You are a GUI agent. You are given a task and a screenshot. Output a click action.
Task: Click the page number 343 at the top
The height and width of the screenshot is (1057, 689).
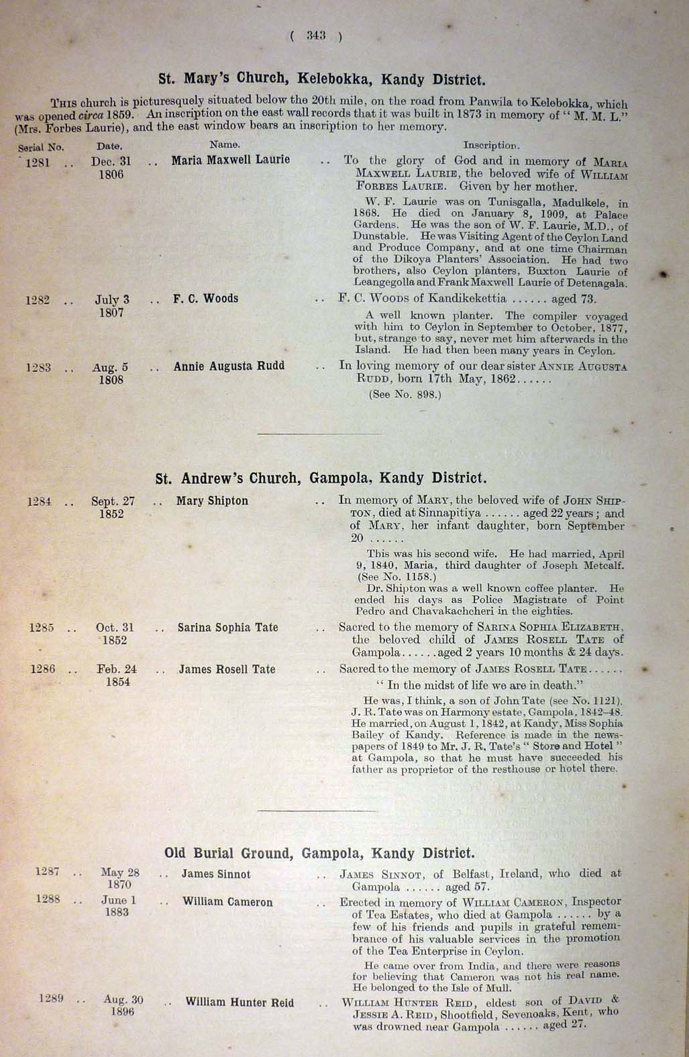[316, 36]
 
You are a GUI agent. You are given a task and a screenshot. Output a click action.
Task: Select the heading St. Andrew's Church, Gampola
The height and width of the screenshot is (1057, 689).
[320, 479]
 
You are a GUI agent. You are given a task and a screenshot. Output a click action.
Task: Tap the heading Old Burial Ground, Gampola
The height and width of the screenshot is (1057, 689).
[319, 853]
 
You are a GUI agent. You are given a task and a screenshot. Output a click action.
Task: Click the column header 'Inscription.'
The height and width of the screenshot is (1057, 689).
[491, 144]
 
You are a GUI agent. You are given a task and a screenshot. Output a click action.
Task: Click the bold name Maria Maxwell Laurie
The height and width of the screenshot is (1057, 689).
[231, 160]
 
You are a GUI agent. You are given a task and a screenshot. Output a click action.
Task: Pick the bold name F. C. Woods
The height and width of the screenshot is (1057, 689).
[205, 299]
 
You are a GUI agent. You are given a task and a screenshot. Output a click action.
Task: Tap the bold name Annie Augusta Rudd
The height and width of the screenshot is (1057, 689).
[229, 366]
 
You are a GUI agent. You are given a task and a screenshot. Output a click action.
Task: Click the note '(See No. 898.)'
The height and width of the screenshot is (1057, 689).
[405, 395]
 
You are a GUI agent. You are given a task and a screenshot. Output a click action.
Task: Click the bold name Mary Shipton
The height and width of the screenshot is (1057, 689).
[212, 501]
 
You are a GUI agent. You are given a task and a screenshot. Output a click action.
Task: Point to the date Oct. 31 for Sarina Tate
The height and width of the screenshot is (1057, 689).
[115, 628]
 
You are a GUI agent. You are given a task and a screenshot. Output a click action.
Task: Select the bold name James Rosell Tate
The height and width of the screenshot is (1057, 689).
[226, 669]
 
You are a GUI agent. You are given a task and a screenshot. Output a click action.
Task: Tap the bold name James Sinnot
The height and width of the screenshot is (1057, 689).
[216, 874]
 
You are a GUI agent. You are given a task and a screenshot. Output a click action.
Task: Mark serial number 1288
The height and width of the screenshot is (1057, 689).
[48, 899]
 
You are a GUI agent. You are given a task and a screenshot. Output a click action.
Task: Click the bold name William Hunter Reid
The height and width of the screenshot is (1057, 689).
[240, 1003]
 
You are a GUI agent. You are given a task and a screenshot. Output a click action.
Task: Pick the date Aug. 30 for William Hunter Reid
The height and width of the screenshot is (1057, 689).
[123, 1000]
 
